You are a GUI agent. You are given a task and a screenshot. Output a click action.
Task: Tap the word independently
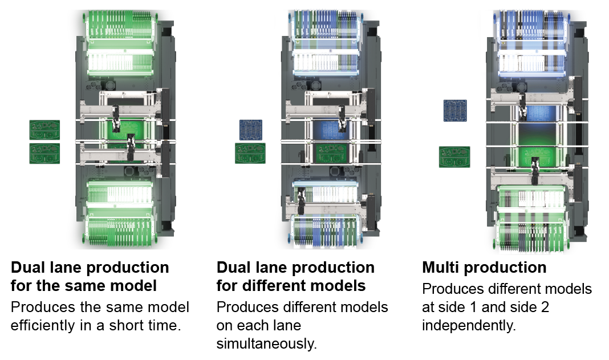(x=469, y=326)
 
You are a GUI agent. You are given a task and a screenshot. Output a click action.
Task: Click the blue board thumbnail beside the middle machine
(x=251, y=130)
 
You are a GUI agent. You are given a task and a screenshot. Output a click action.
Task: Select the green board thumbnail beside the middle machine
(x=250, y=153)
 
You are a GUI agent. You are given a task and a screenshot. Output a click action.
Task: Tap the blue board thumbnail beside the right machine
(x=456, y=110)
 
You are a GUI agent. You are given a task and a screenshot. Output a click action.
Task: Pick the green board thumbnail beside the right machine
(x=454, y=156)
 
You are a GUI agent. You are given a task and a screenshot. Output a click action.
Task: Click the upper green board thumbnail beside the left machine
(x=45, y=130)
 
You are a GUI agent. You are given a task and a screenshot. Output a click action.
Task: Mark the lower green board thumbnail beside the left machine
(x=45, y=153)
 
